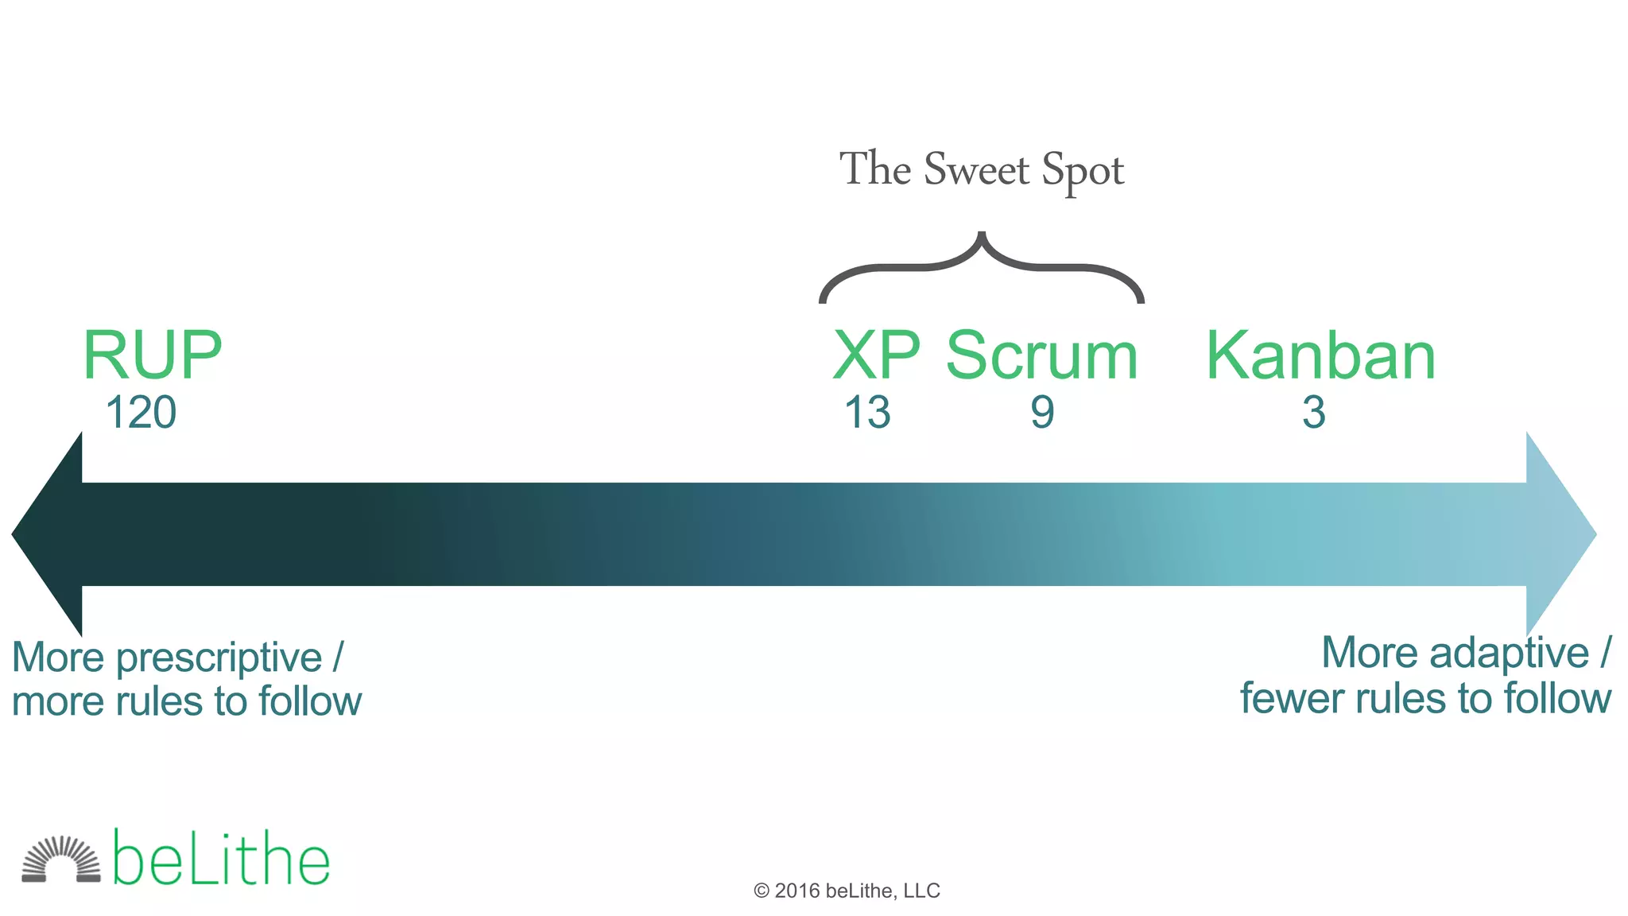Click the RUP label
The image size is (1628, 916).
click(x=152, y=355)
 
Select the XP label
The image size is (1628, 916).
click(x=876, y=355)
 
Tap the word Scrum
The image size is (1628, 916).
click(x=1042, y=355)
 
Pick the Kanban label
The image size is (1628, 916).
click(x=1320, y=355)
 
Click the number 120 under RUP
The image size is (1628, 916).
click(x=141, y=413)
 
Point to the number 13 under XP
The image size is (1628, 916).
click(x=867, y=413)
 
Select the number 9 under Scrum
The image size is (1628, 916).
click(x=1042, y=413)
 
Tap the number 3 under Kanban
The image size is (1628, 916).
click(x=1314, y=413)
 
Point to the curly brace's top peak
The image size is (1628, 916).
click(x=982, y=236)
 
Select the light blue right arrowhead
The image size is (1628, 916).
click(x=1560, y=534)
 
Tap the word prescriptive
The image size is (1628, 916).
click(x=219, y=658)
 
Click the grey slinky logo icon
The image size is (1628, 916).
click(x=61, y=860)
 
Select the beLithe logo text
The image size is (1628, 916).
click(x=221, y=860)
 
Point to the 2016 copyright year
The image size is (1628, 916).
click(x=797, y=891)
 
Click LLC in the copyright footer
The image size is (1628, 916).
click(x=921, y=891)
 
